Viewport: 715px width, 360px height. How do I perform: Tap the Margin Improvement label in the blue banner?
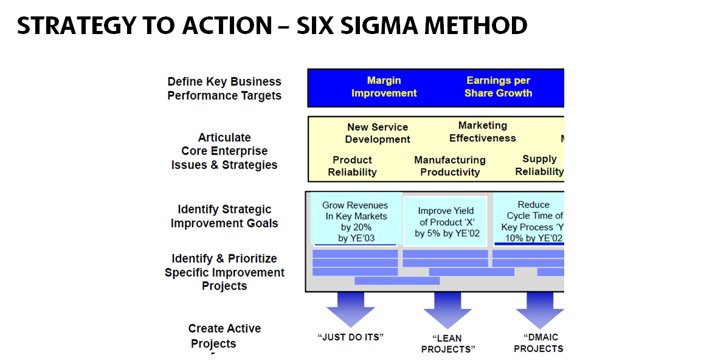click(384, 87)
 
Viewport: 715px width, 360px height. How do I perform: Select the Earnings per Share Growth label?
click(498, 87)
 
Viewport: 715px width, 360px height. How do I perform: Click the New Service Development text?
click(378, 133)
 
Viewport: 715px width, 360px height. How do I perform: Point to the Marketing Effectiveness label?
click(483, 132)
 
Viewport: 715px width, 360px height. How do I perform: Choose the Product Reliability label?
click(352, 166)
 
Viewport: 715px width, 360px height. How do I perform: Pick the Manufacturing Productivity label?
click(450, 166)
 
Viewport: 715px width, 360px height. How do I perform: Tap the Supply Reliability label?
click(539, 165)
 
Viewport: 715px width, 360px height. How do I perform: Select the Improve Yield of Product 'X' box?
click(446, 222)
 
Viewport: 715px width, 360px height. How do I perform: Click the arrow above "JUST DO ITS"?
click(351, 308)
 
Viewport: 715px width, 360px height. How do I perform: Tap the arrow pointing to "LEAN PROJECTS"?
click(447, 310)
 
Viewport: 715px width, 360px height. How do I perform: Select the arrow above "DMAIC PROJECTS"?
click(539, 310)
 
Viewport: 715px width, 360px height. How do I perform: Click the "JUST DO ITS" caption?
click(351, 337)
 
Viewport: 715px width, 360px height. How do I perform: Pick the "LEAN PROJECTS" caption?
click(448, 344)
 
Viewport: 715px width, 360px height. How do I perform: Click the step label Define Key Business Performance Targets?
click(224, 88)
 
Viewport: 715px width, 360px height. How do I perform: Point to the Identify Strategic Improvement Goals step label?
click(224, 216)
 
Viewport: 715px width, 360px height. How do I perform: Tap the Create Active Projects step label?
click(224, 336)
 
